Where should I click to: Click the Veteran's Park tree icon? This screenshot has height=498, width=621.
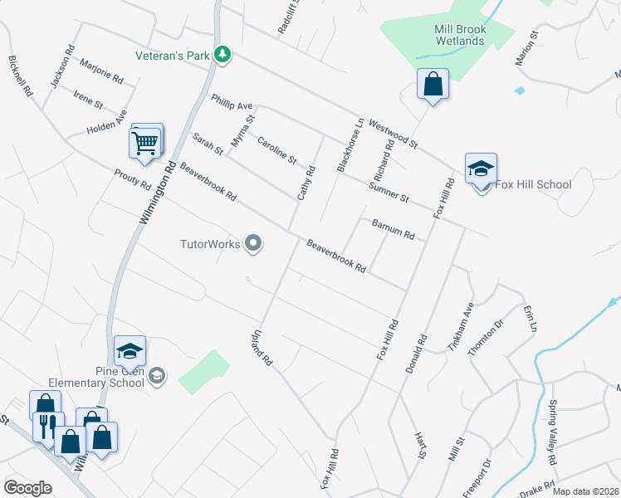click(x=222, y=56)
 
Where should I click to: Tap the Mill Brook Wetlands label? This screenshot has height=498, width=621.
click(x=459, y=35)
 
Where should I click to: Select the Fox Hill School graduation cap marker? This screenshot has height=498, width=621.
click(x=481, y=168)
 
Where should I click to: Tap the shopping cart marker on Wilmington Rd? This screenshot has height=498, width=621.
click(x=145, y=143)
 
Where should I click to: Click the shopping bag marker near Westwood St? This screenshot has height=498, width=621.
click(x=433, y=84)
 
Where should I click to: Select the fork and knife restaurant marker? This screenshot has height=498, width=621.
click(x=45, y=427)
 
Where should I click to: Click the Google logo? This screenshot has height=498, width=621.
click(x=27, y=488)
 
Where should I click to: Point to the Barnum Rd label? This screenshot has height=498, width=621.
click(x=393, y=230)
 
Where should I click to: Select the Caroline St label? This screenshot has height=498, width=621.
click(x=276, y=149)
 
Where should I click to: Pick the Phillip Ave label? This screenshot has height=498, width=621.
click(x=231, y=102)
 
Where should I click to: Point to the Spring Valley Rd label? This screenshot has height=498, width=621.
click(x=551, y=432)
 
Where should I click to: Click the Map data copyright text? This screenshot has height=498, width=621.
click(x=586, y=491)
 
